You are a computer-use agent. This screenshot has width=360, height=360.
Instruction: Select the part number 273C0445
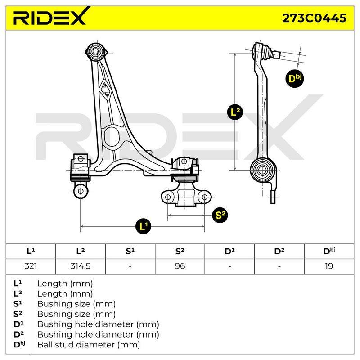click(314, 18)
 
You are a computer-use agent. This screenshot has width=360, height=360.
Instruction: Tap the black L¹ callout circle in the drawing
click(144, 226)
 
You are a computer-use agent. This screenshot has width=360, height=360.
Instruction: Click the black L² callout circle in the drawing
click(234, 112)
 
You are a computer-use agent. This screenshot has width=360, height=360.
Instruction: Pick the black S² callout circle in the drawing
click(220, 215)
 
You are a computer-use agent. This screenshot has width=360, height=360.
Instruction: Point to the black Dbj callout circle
click(295, 79)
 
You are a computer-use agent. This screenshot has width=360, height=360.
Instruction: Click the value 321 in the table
click(31, 266)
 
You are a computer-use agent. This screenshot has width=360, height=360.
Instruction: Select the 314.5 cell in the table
click(81, 266)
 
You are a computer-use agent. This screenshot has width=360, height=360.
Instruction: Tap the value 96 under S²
click(180, 266)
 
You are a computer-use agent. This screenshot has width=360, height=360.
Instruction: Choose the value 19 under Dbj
click(329, 266)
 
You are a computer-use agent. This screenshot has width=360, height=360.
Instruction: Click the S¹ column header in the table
click(130, 251)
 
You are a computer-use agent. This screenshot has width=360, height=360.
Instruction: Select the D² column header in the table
click(279, 251)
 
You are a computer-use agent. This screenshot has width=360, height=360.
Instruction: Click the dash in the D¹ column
click(229, 266)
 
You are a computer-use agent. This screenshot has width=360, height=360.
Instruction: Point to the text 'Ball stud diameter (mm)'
click(89, 345)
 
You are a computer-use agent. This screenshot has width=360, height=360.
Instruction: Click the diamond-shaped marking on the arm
click(105, 90)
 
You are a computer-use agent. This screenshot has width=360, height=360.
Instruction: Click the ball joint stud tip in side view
click(277, 54)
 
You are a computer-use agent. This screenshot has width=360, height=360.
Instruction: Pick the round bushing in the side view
click(262, 170)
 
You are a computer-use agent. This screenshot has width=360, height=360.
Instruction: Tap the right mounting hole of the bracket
click(204, 197)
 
